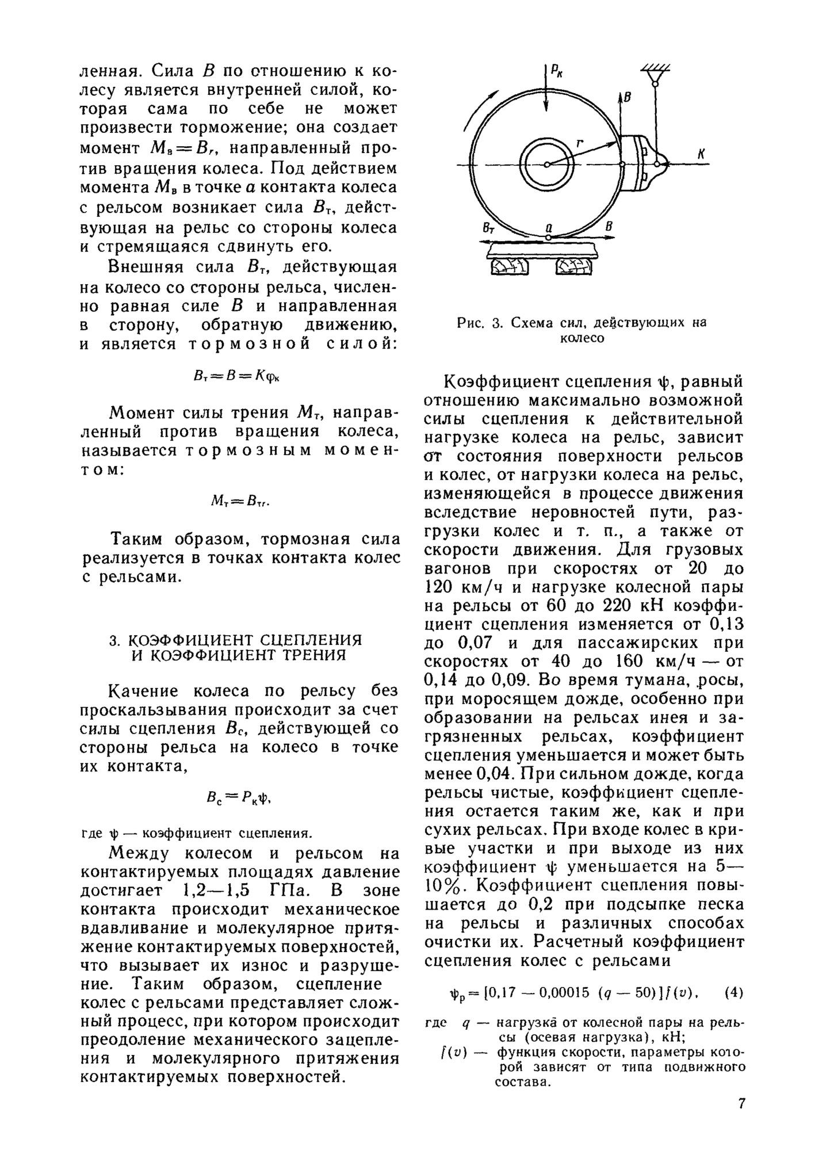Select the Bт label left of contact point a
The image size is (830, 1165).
pyautogui.click(x=488, y=228)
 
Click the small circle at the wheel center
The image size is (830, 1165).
pyautogui.click(x=547, y=165)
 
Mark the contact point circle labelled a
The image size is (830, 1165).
pyautogui.click(x=549, y=236)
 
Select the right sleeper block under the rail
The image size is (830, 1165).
pyautogui.click(x=573, y=266)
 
